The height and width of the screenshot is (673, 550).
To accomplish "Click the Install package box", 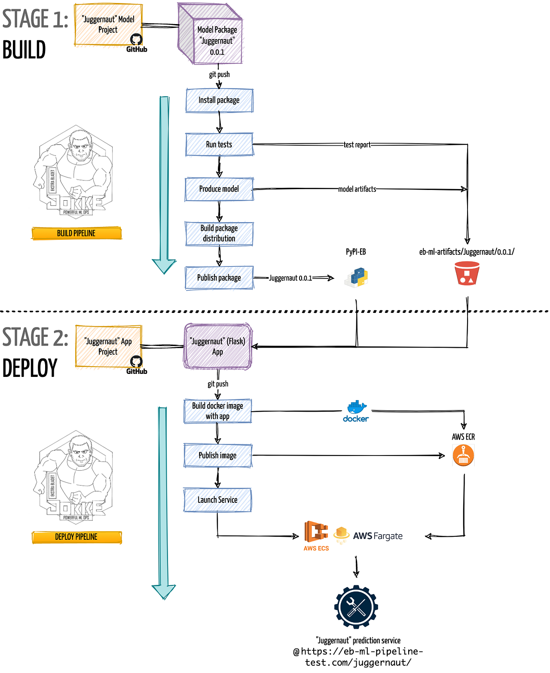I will coord(219,100).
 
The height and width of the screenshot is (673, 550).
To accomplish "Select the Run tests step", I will coord(219,144).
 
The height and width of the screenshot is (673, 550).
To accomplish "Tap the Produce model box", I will coord(219,189).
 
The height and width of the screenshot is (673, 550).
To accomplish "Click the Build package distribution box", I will coord(219,233).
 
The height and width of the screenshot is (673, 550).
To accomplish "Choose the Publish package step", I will coord(219,278).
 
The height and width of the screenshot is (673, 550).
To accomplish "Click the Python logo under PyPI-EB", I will coord(356,277).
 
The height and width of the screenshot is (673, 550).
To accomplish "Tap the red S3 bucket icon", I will coord(467,273).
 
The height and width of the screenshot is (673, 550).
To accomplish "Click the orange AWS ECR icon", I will coord(463,455).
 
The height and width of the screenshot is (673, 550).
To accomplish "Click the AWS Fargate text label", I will coord(378,536).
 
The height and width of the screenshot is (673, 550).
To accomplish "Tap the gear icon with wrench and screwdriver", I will coord(356,607).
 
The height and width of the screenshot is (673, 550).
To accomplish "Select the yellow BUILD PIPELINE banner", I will coord(76,233).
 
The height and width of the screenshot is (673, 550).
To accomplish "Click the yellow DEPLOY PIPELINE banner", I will coord(76,537).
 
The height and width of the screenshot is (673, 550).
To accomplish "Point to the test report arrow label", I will coord(357,145).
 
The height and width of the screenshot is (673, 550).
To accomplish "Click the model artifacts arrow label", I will coord(357,189).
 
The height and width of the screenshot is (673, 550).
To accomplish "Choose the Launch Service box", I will coord(217,500).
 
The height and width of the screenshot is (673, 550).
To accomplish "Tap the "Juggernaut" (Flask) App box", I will coord(218,346).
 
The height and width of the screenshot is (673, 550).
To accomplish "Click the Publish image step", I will coord(217,456).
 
